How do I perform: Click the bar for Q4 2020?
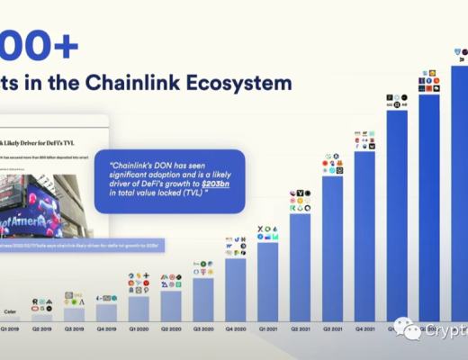click(236, 290)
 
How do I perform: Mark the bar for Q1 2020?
click(139, 310)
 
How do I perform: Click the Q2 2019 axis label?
click(41, 328)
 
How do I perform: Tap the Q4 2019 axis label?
click(106, 328)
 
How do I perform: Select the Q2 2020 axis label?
click(171, 328)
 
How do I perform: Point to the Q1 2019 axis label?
click(10, 328)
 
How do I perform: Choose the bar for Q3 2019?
click(74, 315)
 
